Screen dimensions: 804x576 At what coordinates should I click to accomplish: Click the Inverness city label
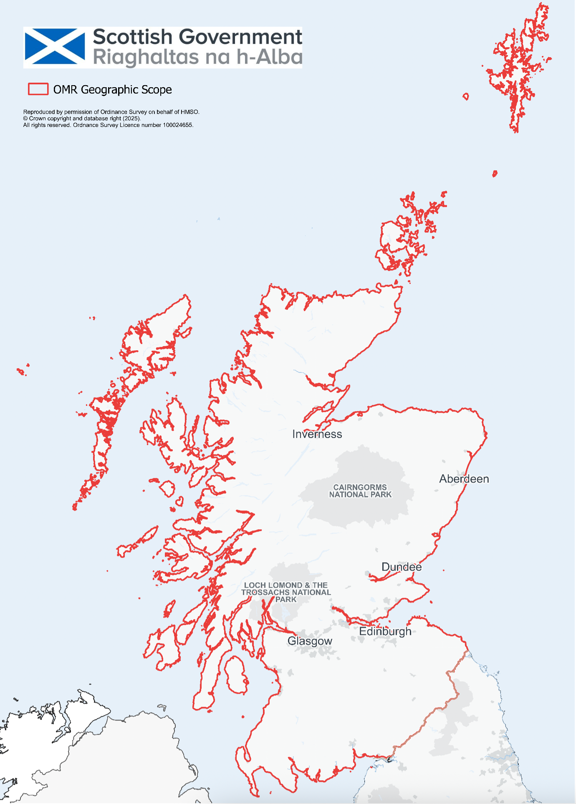[x=317, y=434]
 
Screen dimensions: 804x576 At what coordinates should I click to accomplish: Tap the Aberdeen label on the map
[x=464, y=479]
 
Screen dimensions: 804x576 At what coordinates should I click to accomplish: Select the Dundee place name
[x=402, y=567]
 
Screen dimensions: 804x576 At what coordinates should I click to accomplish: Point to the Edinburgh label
[x=385, y=631]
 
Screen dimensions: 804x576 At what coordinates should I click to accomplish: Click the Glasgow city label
[x=310, y=641]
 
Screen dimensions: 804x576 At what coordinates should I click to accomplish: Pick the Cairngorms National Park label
[x=360, y=491]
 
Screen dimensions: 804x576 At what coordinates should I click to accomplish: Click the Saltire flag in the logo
[x=55, y=47]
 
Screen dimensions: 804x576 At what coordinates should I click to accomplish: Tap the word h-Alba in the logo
[x=270, y=57]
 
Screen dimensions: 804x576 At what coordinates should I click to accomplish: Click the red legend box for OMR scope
[x=38, y=89]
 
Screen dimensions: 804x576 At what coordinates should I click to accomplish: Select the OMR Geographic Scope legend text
[x=112, y=89]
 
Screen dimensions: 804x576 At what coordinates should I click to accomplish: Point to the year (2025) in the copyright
[x=131, y=119]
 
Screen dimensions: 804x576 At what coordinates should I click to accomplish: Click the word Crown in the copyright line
[x=38, y=119]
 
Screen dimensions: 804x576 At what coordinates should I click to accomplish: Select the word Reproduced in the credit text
[x=39, y=112]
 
